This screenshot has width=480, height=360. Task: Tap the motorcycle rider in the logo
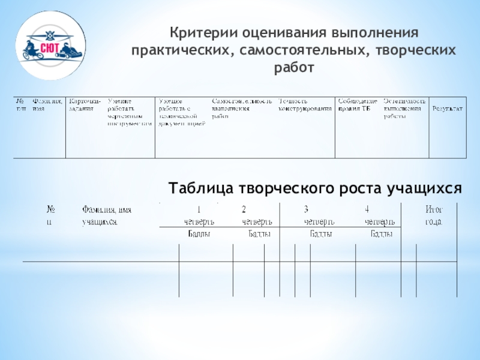pyautogui.click(x=31, y=50)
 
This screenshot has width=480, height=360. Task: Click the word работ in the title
pyautogui.click(x=294, y=68)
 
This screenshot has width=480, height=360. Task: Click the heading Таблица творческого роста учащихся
pyautogui.click(x=315, y=189)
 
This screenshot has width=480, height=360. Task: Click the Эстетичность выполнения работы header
pyautogui.click(x=405, y=107)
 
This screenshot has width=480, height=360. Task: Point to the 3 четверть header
pyautogui.click(x=319, y=216)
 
